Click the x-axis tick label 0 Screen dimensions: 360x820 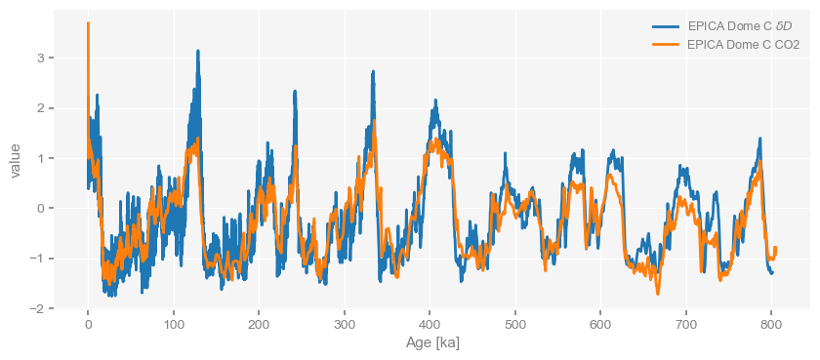click(88, 324)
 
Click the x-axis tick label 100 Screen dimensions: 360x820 click(173, 324)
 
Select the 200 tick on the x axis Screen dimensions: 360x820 click(259, 324)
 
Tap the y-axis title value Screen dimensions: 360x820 click(15, 159)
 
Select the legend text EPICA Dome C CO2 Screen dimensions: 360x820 click(743, 44)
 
